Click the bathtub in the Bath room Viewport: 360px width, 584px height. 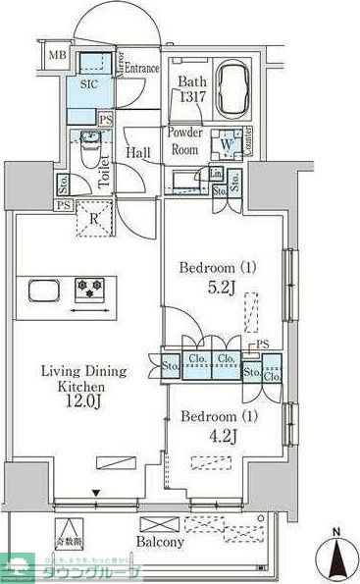[x=229, y=82]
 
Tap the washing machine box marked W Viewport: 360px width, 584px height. [x=227, y=142]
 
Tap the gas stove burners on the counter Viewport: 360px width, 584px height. [x=94, y=290]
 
